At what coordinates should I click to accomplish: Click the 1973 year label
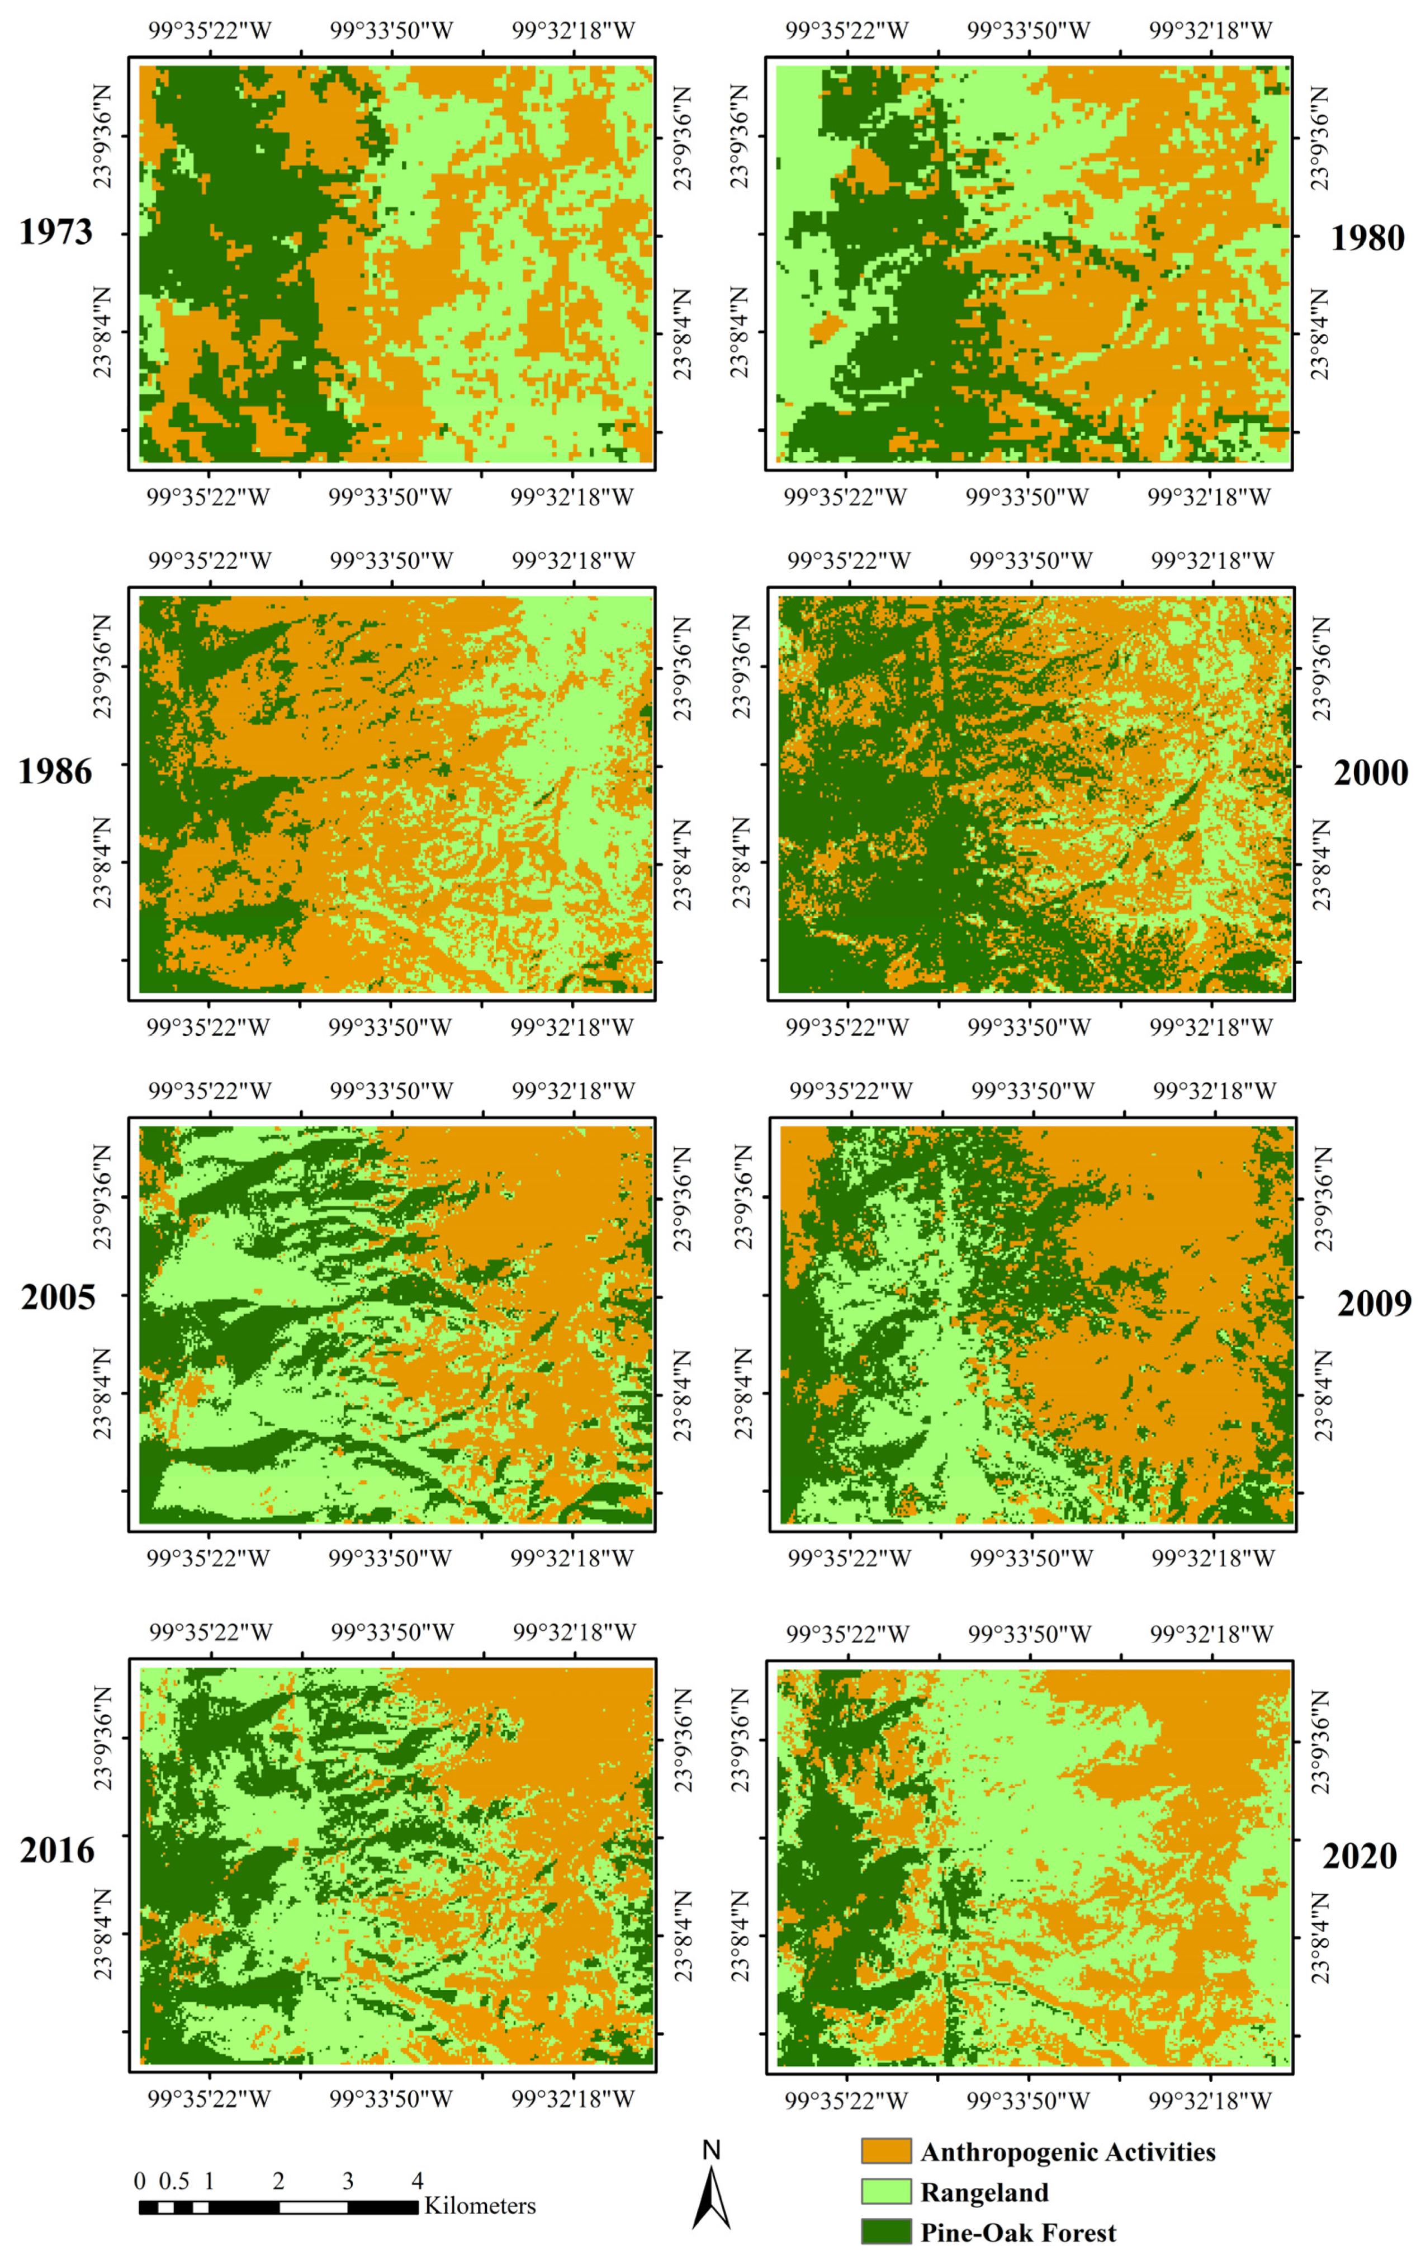tap(56, 232)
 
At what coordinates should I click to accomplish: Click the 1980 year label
tap(1367, 238)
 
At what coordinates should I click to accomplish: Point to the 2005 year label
tap(58, 1297)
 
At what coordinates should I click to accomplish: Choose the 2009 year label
tap(1373, 1303)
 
